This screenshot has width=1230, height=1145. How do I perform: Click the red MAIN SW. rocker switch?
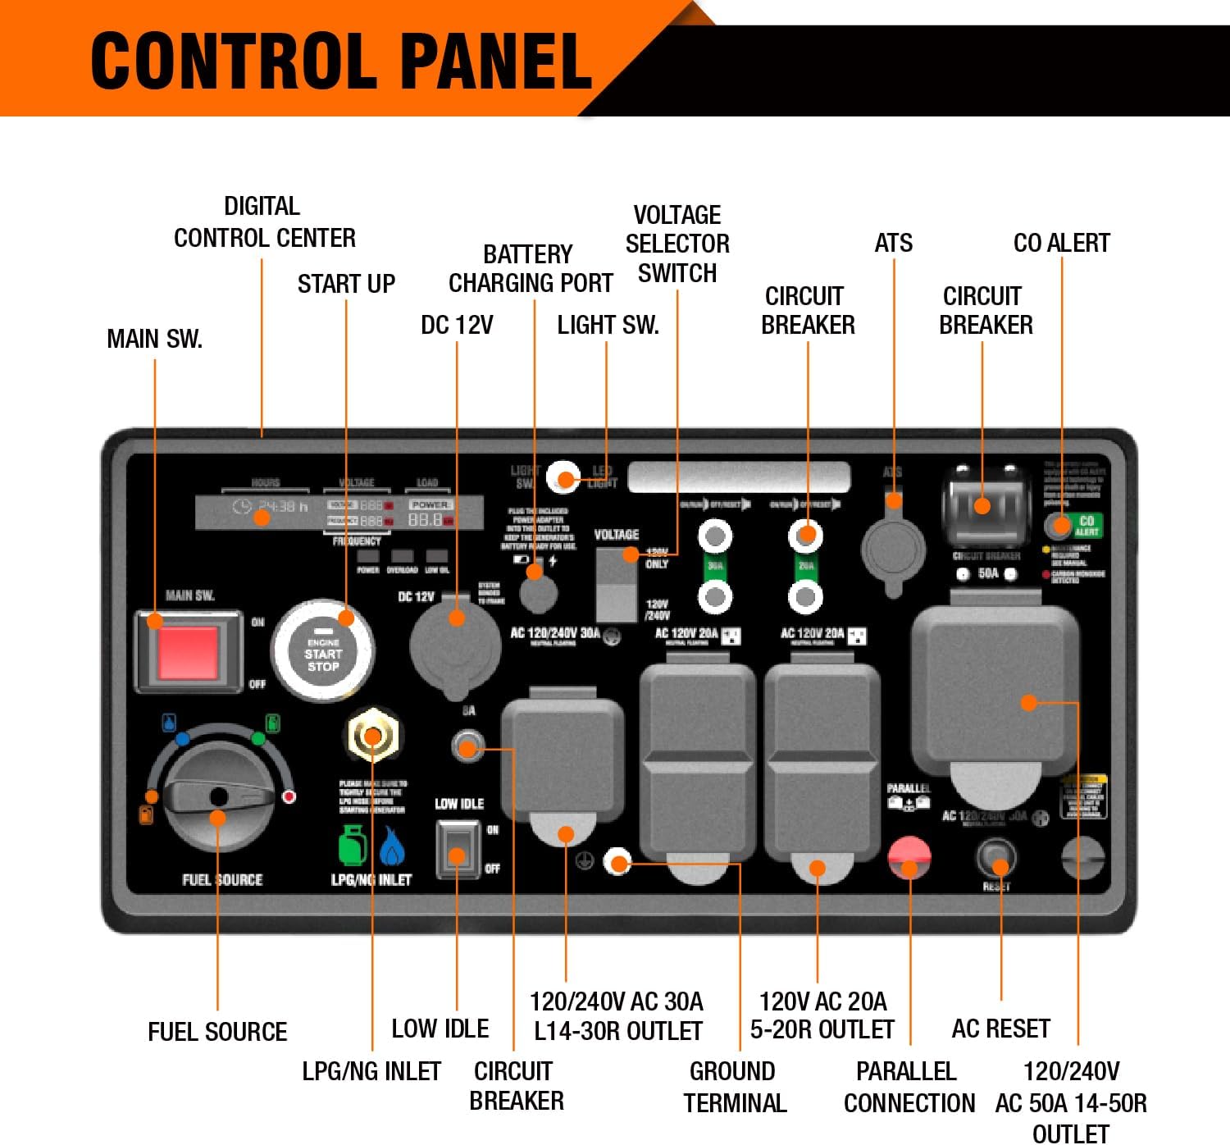tap(189, 652)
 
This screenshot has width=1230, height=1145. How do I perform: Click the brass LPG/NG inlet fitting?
tap(373, 735)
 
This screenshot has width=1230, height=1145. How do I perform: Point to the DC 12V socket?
tap(456, 645)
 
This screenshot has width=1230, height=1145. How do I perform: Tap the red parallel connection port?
tap(909, 857)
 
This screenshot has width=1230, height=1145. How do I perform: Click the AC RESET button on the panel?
tap(997, 859)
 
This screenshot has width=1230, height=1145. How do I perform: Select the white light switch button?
tap(564, 477)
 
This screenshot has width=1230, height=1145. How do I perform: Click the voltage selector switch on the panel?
tap(617, 584)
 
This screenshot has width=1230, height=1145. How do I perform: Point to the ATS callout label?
tap(893, 244)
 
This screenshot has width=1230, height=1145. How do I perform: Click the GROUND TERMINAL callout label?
tap(734, 1087)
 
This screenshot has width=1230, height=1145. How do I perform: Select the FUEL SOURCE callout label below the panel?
tap(217, 1032)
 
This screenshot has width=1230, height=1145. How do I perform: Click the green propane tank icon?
tap(353, 845)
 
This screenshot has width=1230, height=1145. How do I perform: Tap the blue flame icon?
tap(393, 846)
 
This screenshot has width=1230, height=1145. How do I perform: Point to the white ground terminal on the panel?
tap(617, 862)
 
